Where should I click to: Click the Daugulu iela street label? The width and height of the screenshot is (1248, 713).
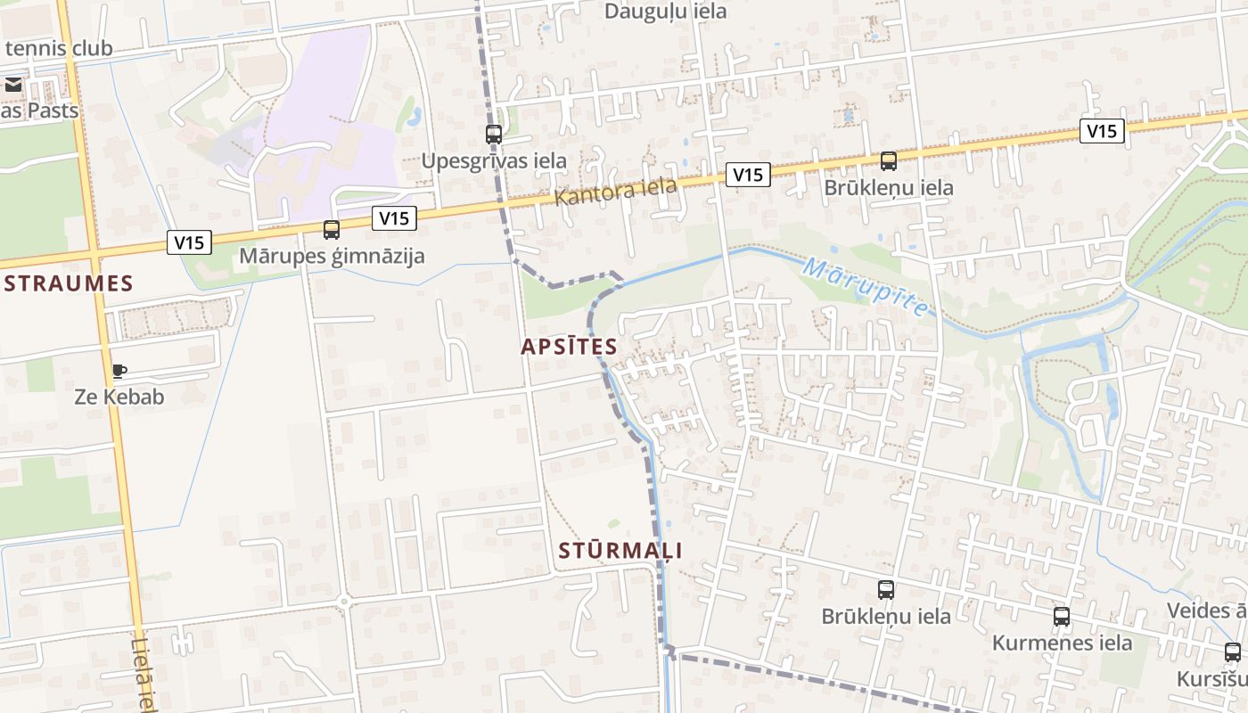665,12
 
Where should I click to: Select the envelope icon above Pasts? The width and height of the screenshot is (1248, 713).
13,86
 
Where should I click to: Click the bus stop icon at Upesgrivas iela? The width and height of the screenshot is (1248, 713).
494,135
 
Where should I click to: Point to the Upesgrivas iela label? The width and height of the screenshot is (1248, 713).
494,161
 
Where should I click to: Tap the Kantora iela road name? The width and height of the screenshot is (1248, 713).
615,192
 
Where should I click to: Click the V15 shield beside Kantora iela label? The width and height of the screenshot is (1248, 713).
747,175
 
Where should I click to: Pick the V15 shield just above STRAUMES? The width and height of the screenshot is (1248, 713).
189,242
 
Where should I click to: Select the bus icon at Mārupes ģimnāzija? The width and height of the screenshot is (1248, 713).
332,230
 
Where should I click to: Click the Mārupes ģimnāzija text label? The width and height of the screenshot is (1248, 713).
332,257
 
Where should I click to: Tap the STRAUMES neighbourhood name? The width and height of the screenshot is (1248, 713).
68,284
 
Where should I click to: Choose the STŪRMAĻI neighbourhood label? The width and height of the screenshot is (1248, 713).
620,551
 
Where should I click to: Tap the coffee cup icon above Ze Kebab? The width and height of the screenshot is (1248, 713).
119,371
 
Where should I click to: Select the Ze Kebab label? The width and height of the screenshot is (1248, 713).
119,397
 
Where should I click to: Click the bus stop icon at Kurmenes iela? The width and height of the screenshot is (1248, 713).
1062,617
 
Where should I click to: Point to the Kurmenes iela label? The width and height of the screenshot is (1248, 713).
1062,643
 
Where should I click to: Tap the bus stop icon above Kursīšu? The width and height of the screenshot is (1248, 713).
1233,652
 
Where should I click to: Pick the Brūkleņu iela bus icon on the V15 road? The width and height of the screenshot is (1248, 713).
889,161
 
